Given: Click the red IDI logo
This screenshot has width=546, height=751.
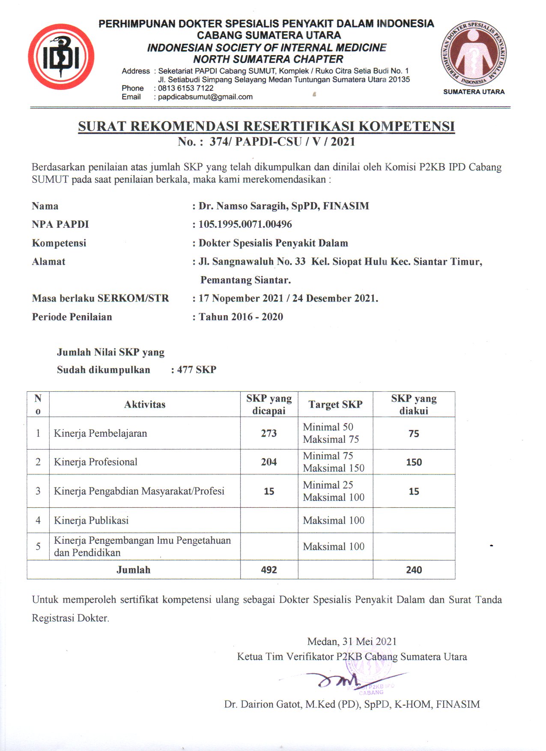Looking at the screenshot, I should point(61,57).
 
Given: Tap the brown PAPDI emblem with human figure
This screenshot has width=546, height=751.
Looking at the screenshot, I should point(474,53).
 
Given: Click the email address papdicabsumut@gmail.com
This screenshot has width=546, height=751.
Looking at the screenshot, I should point(205,97).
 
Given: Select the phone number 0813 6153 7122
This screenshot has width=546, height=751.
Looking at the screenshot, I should point(185,88).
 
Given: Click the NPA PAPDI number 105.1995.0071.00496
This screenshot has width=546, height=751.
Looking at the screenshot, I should point(245,224).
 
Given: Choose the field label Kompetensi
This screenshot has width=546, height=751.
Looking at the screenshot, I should point(59,243).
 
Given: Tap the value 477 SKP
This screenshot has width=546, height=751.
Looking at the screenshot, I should point(197,370).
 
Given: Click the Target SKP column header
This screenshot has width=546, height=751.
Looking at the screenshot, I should point(335,405).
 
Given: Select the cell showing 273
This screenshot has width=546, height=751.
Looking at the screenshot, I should point(269,433).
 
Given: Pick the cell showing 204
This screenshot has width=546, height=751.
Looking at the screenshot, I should point(269,462).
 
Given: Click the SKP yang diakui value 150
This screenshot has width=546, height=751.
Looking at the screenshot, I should point(414,462).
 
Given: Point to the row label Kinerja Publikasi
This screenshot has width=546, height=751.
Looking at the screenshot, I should point(91,521).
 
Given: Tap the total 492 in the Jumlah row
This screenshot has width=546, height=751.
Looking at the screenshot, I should point(269,570).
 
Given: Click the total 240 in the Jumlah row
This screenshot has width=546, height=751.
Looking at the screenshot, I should point(414,570).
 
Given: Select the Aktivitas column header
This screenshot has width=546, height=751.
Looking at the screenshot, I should point(145,405).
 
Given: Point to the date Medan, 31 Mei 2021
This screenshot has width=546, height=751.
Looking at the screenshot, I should point(352,641).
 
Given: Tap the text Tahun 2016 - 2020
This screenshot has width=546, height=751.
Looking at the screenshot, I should point(241,317).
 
